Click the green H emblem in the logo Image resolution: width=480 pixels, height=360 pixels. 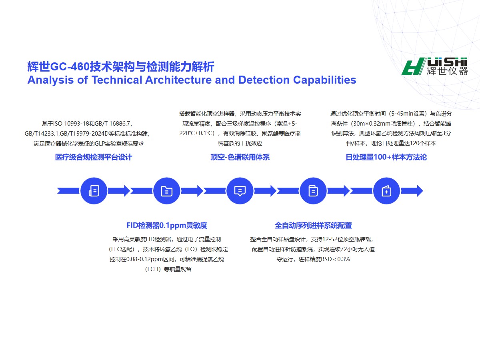pyautogui.click(x=413, y=66)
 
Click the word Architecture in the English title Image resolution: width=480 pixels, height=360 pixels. pyautogui.click(x=178, y=80)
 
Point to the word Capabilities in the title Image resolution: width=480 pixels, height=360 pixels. pyautogui.click(x=324, y=80)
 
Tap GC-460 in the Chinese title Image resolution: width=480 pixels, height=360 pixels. pyautogui.click(x=70, y=67)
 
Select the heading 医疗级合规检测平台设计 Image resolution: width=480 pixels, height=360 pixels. pyautogui.click(x=94, y=157)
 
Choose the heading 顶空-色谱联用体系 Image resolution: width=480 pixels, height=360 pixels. pyautogui.click(x=240, y=157)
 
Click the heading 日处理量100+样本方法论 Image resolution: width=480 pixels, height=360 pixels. pyautogui.click(x=386, y=157)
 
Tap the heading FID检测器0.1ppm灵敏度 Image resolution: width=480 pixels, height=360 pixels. pyautogui.click(x=167, y=225)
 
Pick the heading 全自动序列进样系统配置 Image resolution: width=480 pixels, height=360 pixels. pyautogui.click(x=313, y=225)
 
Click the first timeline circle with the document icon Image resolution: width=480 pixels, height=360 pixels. pyautogui.click(x=94, y=191)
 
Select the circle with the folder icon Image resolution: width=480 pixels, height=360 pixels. pyautogui.click(x=167, y=191)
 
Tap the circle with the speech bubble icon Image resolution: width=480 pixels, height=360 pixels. pyautogui.click(x=240, y=191)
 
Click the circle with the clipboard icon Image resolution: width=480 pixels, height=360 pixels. pyautogui.click(x=313, y=191)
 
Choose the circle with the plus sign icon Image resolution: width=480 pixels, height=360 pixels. pyautogui.click(x=386, y=191)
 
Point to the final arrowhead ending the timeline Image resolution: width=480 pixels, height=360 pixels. pyautogui.click(x=420, y=191)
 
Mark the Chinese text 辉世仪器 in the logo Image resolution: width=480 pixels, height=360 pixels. pyautogui.click(x=447, y=71)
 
